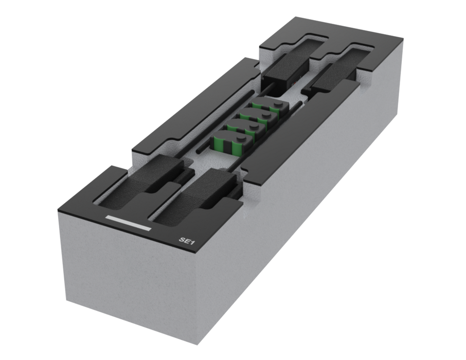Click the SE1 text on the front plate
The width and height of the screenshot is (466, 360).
187,241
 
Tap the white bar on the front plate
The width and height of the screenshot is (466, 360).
129,223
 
